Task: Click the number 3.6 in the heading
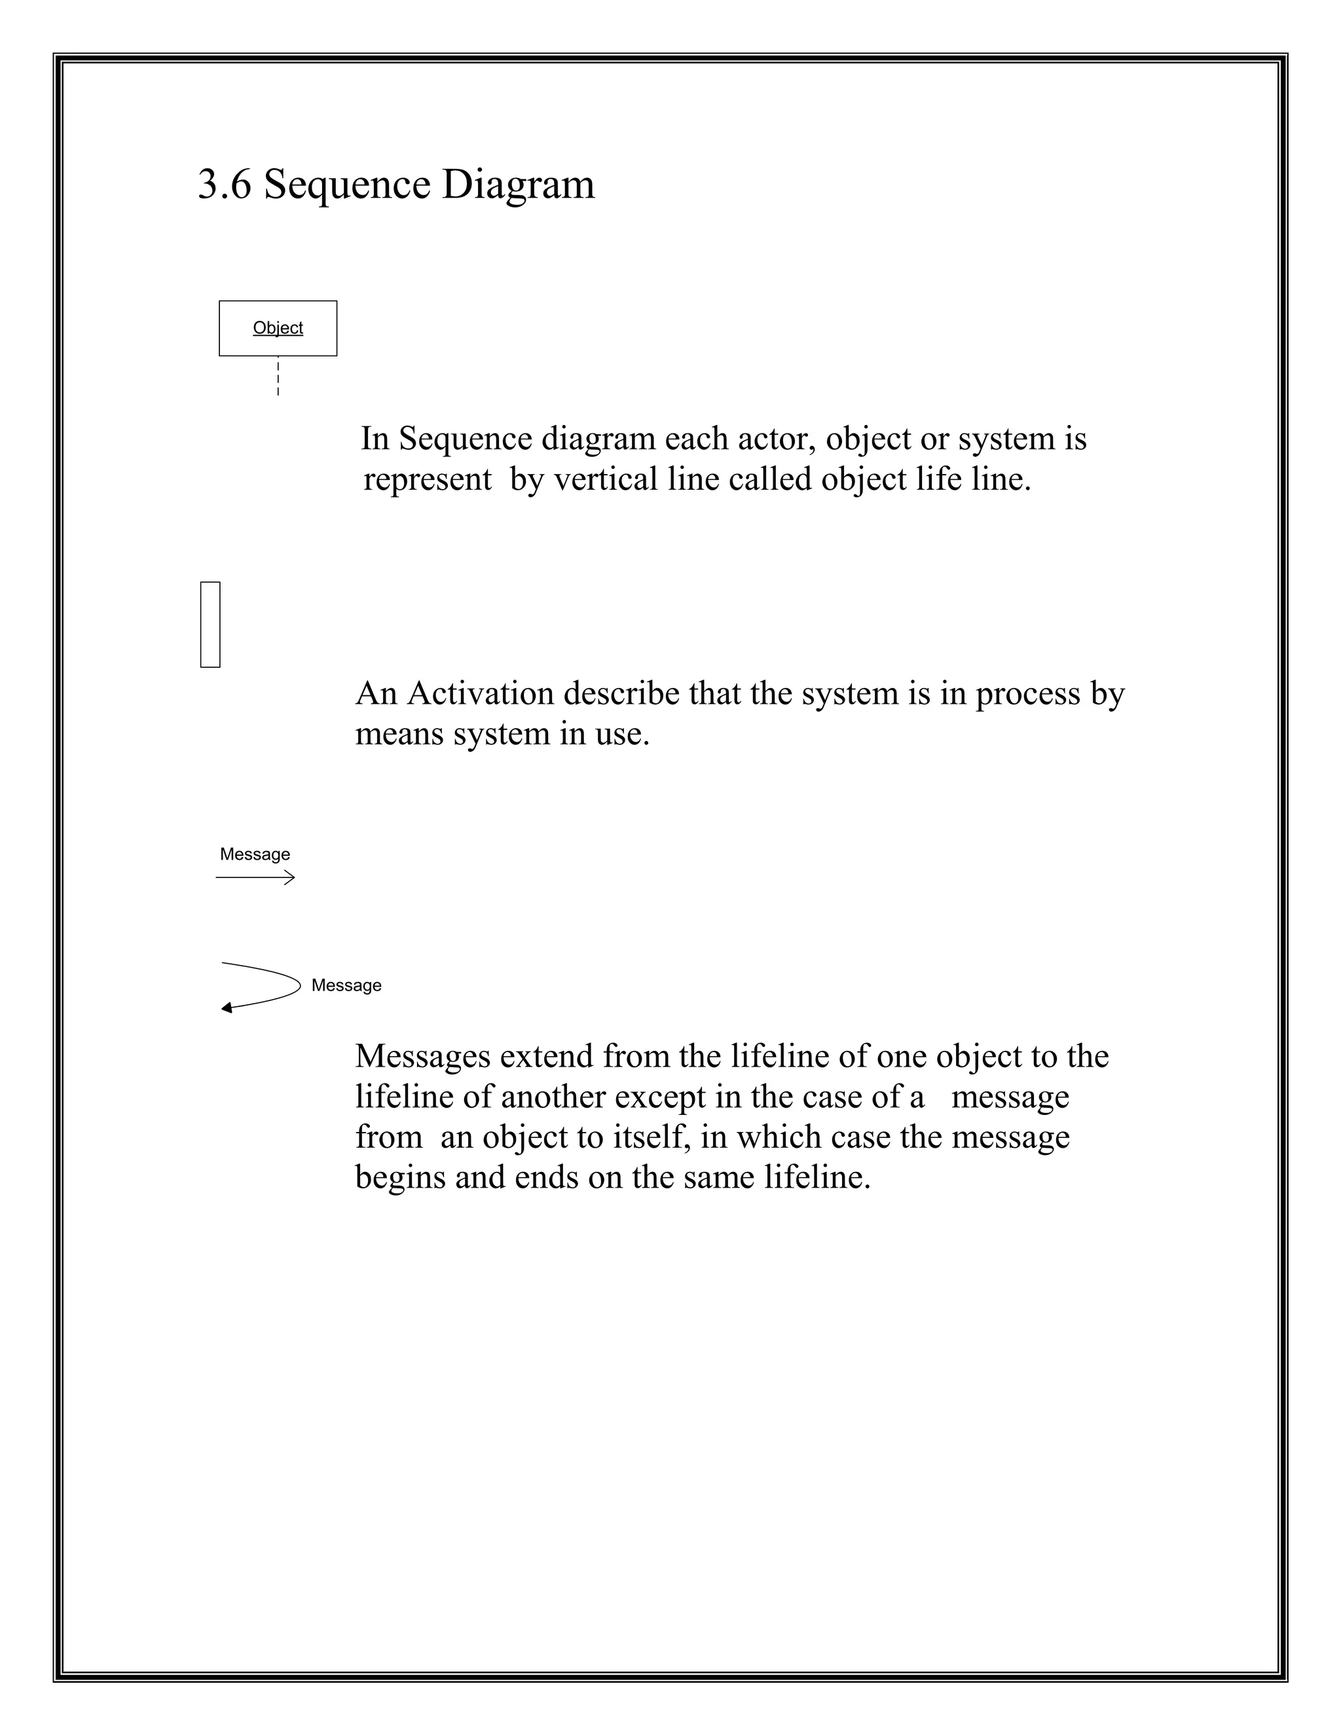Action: click(x=224, y=185)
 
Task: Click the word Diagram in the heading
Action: click(x=517, y=185)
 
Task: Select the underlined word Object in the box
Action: click(x=277, y=327)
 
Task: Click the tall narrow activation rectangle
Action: click(x=210, y=625)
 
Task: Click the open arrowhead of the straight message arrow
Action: click(x=290, y=877)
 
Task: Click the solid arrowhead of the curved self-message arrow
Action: click(x=227, y=1008)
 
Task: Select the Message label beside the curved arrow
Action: click(x=346, y=985)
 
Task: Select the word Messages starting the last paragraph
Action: click(x=422, y=1057)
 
